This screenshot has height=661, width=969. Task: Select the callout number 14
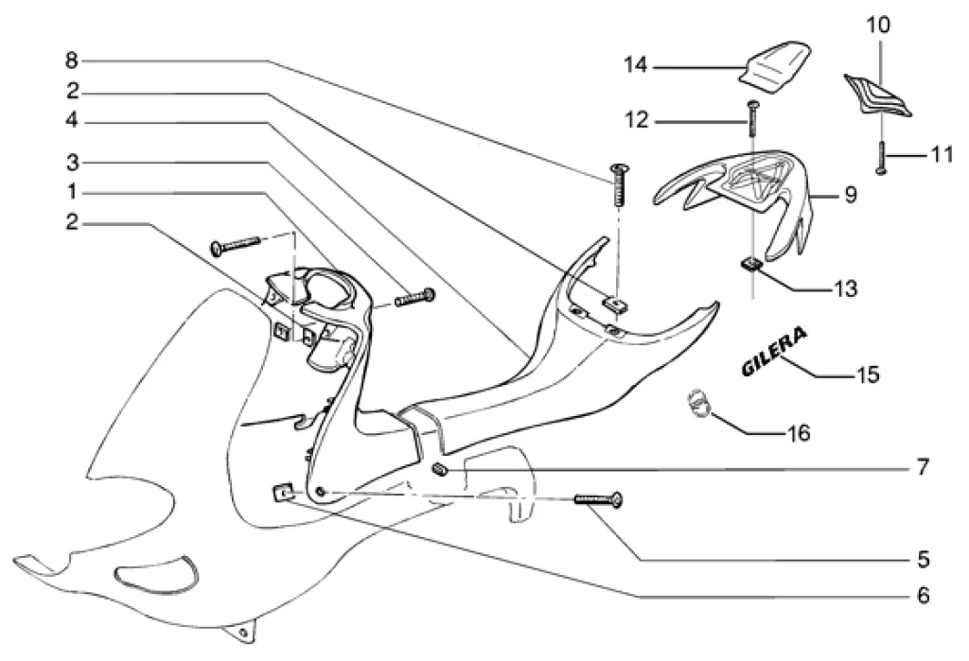pyautogui.click(x=634, y=66)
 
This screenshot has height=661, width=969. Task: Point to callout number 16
pyautogui.click(x=800, y=433)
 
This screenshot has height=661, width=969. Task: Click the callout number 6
pyautogui.click(x=924, y=596)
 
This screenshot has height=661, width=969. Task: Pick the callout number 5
pyautogui.click(x=924, y=558)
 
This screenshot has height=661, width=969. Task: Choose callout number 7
pyautogui.click(x=924, y=467)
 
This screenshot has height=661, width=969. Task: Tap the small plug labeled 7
pyautogui.click(x=439, y=470)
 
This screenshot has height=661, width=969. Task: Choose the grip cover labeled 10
pyautogui.click(x=877, y=96)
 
